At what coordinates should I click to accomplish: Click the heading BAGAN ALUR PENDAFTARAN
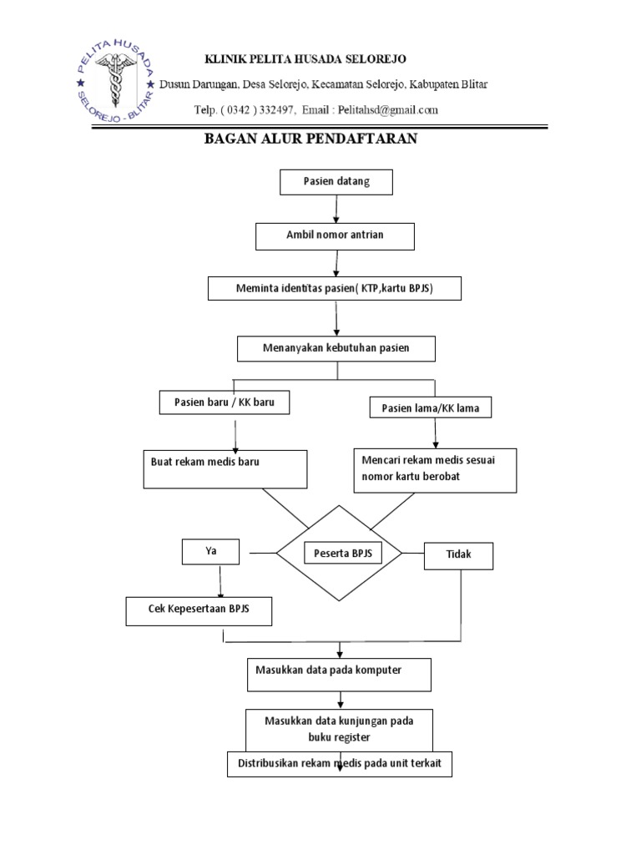(310, 139)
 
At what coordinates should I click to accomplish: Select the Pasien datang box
(336, 181)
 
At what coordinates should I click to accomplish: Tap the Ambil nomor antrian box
(335, 235)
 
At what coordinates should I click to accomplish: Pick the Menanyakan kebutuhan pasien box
(336, 348)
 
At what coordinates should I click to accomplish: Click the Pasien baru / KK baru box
(225, 403)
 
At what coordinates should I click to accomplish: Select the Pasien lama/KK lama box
(430, 407)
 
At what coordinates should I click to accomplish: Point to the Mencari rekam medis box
(435, 469)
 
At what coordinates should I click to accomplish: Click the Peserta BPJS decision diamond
(340, 553)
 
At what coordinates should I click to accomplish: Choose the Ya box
(211, 551)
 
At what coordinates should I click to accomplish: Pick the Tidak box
(457, 555)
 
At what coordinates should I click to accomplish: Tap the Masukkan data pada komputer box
(339, 673)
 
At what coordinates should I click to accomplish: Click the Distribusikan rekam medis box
(340, 764)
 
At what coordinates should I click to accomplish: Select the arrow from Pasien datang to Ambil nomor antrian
(336, 210)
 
